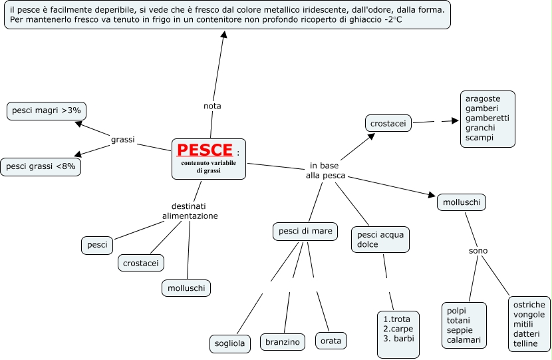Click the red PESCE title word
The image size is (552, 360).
click(205, 150)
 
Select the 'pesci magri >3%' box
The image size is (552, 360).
click(47, 111)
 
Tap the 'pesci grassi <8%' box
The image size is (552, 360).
click(41, 166)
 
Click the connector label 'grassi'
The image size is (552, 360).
click(123, 140)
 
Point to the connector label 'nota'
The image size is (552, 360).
click(212, 106)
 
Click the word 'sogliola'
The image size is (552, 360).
click(229, 343)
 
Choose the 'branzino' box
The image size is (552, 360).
click(283, 342)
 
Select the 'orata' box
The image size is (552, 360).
click(331, 341)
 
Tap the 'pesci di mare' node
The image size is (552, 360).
click(305, 232)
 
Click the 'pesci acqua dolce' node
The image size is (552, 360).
click(380, 240)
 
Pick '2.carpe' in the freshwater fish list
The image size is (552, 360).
click(398, 329)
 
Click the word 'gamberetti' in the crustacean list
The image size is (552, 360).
click(487, 118)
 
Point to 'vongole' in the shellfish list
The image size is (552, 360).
click(529, 315)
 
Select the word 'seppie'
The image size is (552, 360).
click(460, 331)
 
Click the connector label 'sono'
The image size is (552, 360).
click(478, 251)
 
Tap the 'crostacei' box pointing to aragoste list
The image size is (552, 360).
click(388, 123)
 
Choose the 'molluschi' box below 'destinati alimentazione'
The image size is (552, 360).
click(186, 288)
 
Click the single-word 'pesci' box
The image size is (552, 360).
click(97, 245)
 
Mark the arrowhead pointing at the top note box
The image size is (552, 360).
click(223, 34)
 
